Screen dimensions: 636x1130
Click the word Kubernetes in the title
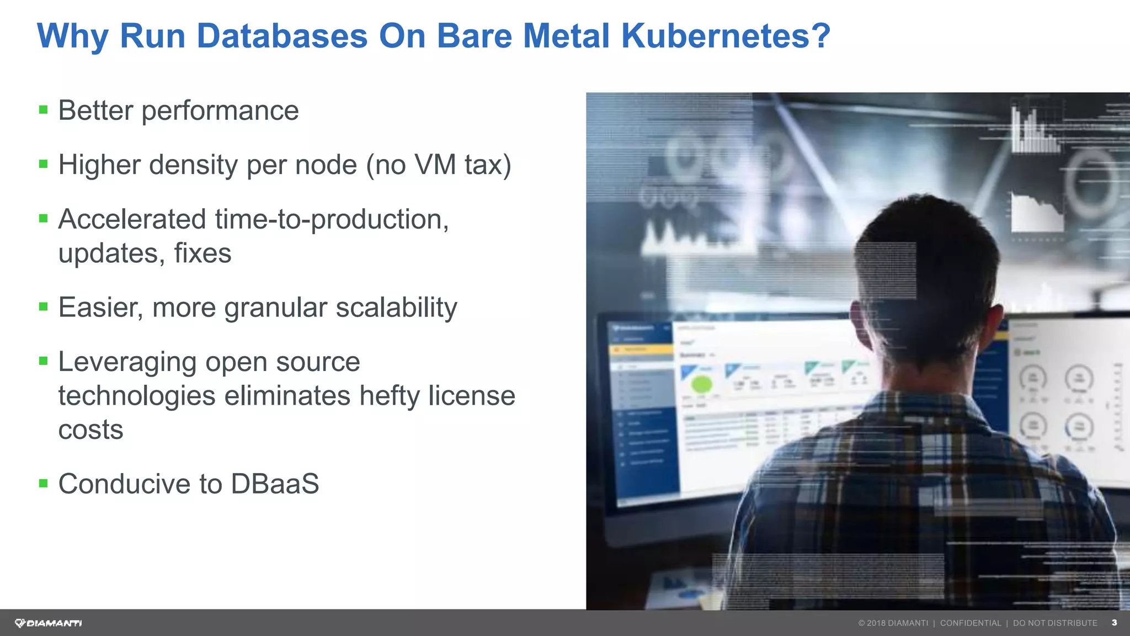click(x=725, y=36)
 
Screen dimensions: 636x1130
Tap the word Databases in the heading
click(x=282, y=36)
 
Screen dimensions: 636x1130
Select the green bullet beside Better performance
click(x=44, y=110)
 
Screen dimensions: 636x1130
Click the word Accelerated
click(x=132, y=219)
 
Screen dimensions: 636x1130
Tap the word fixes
click(x=202, y=253)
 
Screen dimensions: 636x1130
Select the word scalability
click(x=396, y=308)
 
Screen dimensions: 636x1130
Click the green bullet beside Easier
click(x=44, y=306)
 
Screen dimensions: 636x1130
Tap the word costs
click(x=90, y=430)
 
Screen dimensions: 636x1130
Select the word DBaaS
click(x=275, y=484)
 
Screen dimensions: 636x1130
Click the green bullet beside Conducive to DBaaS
click(x=44, y=484)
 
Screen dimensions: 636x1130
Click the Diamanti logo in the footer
click(x=49, y=623)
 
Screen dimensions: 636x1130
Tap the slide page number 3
click(x=1114, y=623)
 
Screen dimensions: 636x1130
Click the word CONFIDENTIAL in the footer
click(x=971, y=623)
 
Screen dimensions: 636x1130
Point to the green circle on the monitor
click(x=702, y=384)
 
